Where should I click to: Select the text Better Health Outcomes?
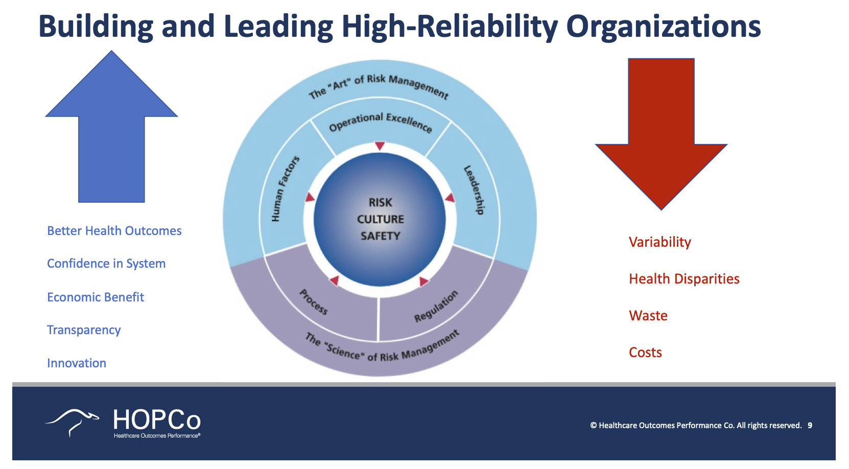click(114, 231)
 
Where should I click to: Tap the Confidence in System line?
click(106, 264)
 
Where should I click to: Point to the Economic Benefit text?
click(96, 297)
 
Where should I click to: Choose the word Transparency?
click(84, 330)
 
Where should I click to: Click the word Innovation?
click(77, 363)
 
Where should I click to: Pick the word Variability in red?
click(659, 242)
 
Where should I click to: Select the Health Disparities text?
click(684, 279)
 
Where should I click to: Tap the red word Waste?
click(648, 316)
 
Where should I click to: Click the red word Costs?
click(645, 353)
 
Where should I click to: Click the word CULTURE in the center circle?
click(380, 219)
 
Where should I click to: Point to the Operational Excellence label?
click(380, 122)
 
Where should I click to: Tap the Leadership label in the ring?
click(474, 190)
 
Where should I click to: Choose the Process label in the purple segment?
click(313, 302)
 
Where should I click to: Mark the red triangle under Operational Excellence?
click(380, 146)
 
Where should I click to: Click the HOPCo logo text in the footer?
click(156, 420)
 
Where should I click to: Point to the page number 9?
click(810, 426)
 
